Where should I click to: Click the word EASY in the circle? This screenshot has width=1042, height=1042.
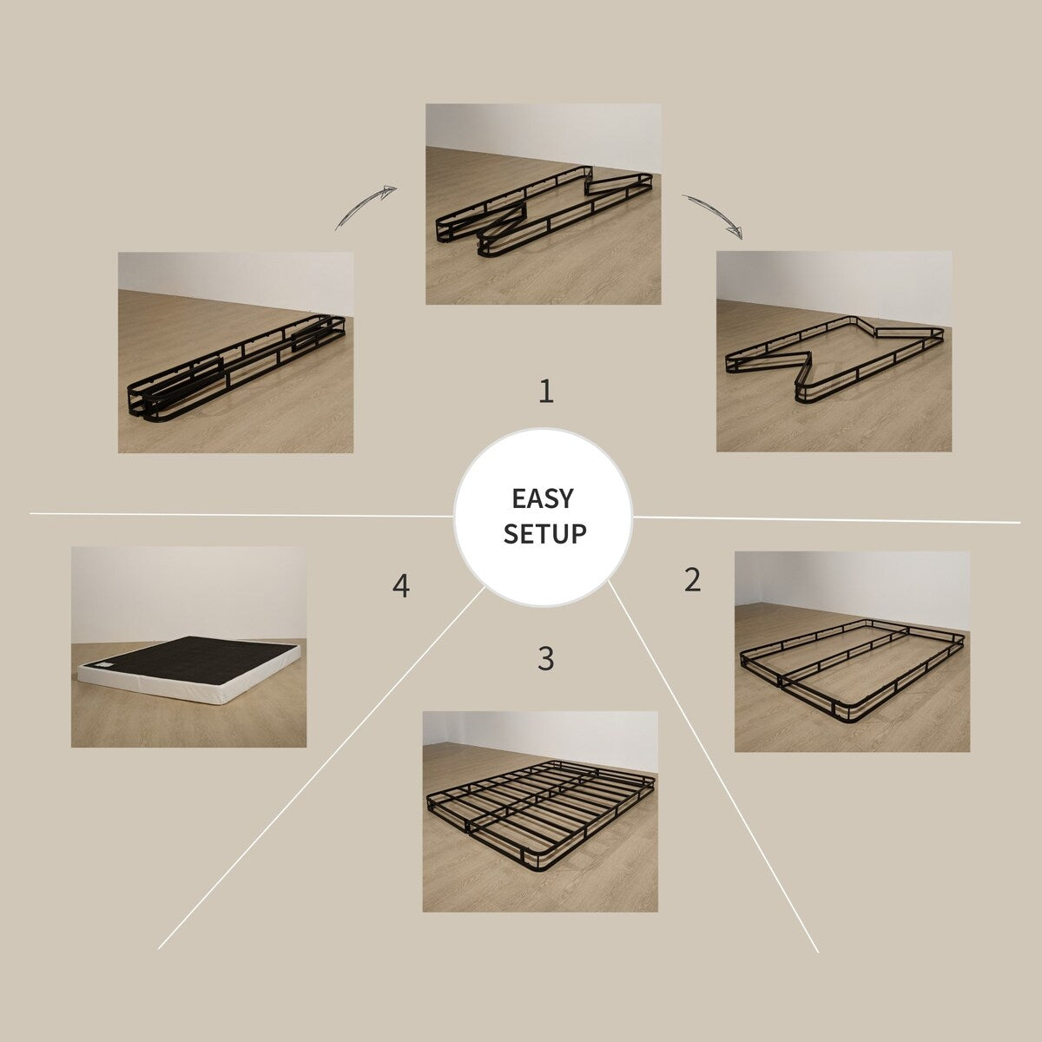(543, 498)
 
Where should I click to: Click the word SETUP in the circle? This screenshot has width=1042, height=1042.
(544, 533)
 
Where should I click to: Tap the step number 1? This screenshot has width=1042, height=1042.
(545, 392)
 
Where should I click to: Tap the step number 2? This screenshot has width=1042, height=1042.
(692, 580)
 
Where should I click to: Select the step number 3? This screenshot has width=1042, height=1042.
(545, 659)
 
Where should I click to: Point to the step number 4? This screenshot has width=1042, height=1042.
(400, 586)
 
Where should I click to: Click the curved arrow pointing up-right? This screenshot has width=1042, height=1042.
(366, 208)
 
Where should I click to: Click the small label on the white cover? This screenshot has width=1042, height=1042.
(104, 666)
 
